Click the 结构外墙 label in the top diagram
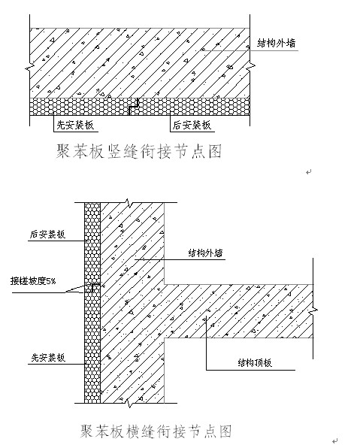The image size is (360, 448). tap(277, 43)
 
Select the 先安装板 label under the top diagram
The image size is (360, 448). tap(75, 125)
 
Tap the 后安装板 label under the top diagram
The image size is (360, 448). tap(192, 125)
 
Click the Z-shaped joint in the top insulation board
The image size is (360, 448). tap(134, 106)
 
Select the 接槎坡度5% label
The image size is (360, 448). tap(33, 281)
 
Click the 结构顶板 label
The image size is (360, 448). tap(255, 362)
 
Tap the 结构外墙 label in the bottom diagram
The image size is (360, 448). tap(205, 253)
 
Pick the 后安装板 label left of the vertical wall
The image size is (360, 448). tap(47, 235)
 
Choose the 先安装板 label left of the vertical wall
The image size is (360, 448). tap(48, 358)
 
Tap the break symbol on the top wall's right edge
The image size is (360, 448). tap(250, 65)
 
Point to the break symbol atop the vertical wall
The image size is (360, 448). tap(129, 202)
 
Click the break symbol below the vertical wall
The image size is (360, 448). tap(129, 403)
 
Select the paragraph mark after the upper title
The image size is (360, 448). tap(309, 172)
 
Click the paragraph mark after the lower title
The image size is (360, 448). tap(335, 440)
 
